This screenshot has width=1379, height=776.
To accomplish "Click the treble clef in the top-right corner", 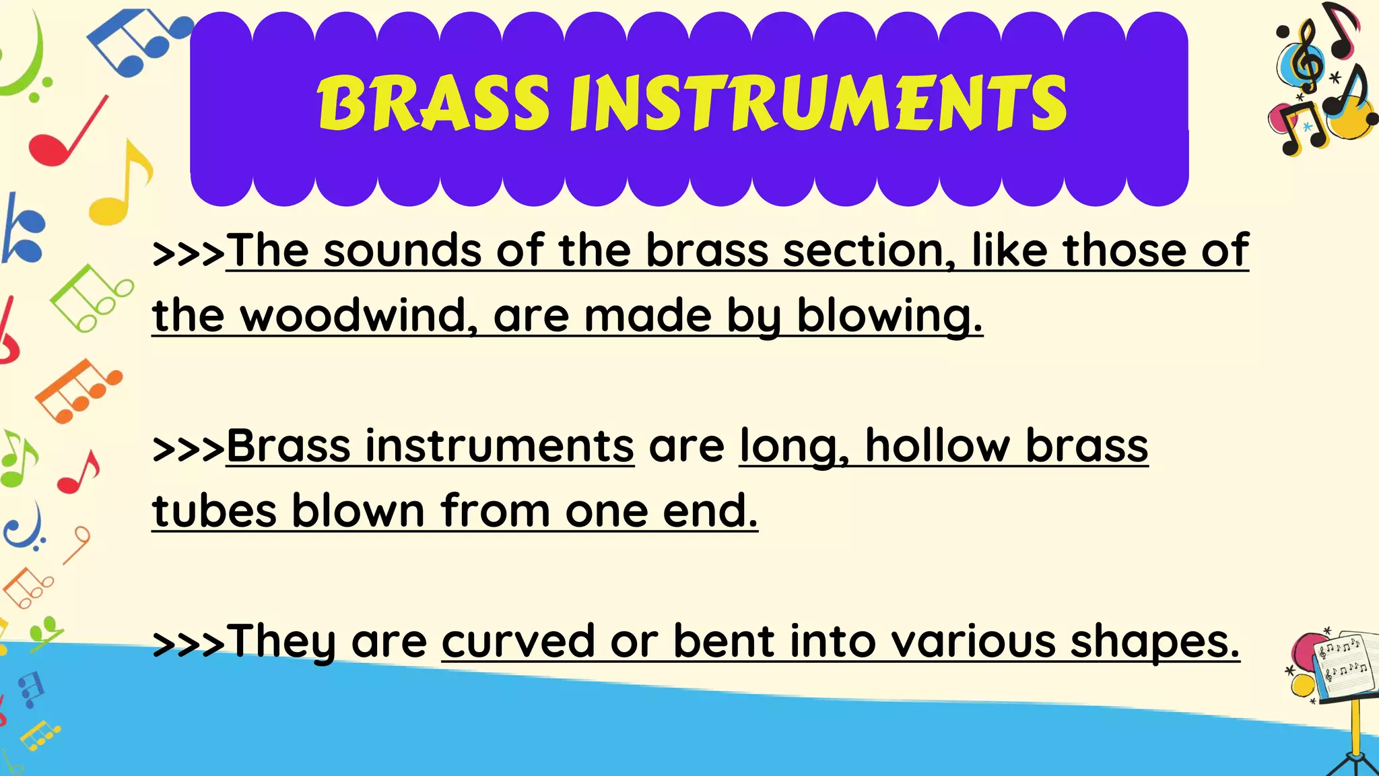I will (x=1308, y=57).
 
